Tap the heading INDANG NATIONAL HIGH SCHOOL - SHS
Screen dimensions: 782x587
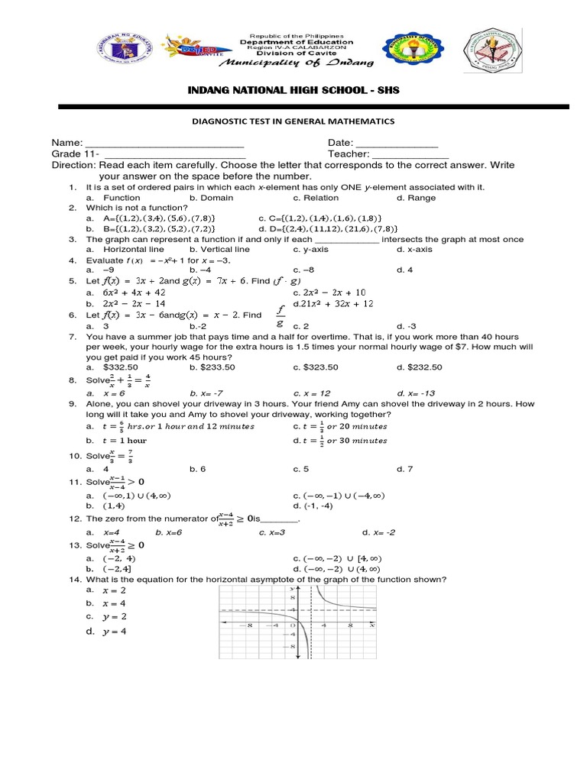(x=294, y=91)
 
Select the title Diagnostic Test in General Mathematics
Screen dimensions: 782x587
(x=294, y=121)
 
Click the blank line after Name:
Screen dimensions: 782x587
(x=164, y=144)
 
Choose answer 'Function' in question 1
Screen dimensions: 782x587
(x=122, y=198)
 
